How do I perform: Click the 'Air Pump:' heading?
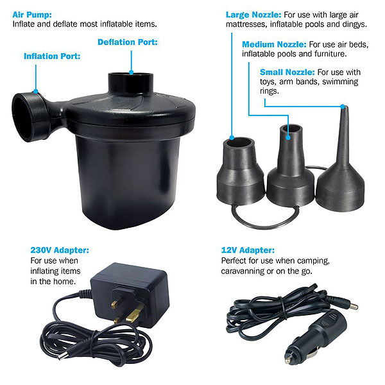click(x=32, y=15)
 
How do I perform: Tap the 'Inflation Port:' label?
click(x=52, y=56)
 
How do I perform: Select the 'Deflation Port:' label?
click(x=128, y=42)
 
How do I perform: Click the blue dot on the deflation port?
click(x=132, y=72)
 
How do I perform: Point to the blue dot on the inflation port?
click(x=36, y=92)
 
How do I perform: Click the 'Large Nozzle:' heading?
click(x=253, y=15)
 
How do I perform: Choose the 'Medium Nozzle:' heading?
click(x=274, y=44)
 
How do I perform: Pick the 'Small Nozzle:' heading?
click(x=287, y=72)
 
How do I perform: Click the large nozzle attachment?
click(x=241, y=171)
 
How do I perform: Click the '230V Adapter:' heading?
click(x=60, y=250)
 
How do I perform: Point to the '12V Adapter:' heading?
click(x=248, y=250)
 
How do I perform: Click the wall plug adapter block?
click(x=130, y=295)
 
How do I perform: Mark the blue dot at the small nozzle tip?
click(x=343, y=107)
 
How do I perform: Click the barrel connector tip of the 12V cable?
click(x=354, y=307)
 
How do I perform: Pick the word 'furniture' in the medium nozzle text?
click(x=330, y=54)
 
